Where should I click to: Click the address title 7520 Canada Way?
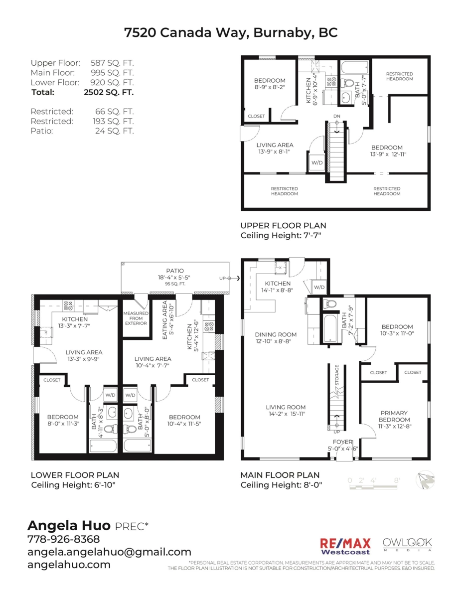(231, 33)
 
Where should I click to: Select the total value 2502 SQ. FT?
(109, 92)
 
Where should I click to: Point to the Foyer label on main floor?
(343, 442)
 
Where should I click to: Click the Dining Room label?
(276, 335)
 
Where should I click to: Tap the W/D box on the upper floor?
(316, 163)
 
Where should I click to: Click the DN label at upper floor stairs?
(337, 117)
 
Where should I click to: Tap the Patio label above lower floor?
(175, 271)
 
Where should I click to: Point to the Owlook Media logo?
(407, 544)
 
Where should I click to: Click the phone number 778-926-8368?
(63, 539)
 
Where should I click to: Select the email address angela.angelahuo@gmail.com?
(109, 552)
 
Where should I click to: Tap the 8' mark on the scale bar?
(397, 480)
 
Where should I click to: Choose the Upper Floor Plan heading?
(283, 226)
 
